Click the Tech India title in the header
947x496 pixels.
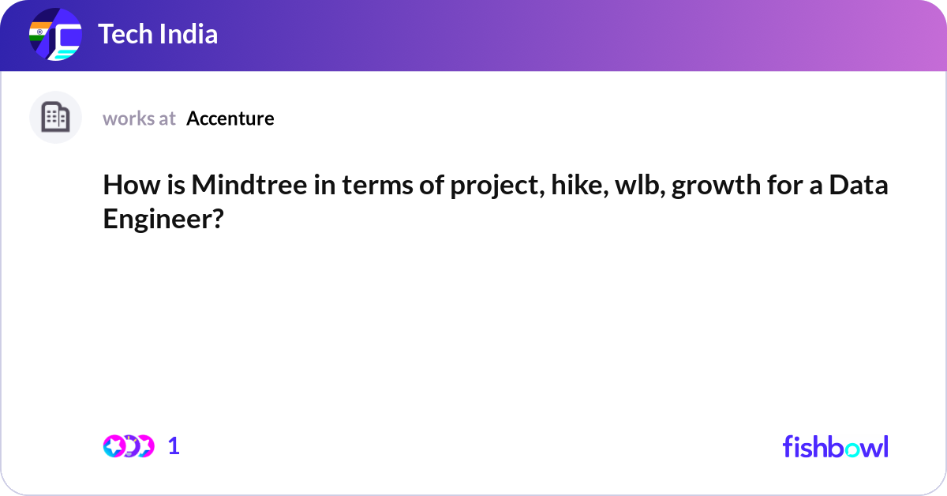(158, 35)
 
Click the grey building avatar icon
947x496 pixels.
(55, 118)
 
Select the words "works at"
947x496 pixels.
(139, 118)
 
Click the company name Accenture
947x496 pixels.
(230, 118)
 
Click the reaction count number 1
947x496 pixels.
(174, 446)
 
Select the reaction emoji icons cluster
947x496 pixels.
(128, 446)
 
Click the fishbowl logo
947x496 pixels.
(835, 446)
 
